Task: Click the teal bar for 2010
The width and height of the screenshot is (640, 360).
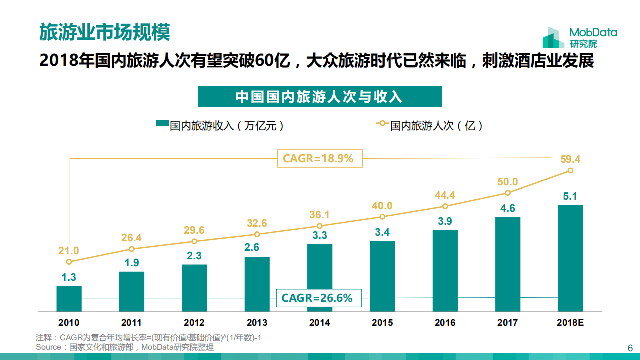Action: pos(69,299)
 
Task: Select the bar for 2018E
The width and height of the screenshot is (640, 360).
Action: pos(570,258)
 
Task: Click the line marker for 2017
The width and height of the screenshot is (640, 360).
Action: pos(508,193)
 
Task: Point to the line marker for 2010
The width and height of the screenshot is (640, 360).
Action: pos(69,261)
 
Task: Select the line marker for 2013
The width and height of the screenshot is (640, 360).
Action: pos(257,234)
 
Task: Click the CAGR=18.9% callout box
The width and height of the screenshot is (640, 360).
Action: pos(319,159)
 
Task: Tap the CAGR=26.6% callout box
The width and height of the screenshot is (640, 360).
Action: pos(317,298)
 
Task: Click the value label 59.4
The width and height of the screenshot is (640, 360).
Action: pos(570,159)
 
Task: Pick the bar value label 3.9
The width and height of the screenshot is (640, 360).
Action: pos(445,221)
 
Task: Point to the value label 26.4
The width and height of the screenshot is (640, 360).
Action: pos(131,238)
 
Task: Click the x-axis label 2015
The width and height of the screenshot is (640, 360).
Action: pos(382,323)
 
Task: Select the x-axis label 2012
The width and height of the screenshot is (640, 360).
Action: pos(194,323)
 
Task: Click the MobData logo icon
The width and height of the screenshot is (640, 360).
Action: pos(553,38)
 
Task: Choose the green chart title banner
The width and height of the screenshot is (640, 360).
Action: pos(320,97)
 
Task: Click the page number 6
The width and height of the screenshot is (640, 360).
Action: pos(630,348)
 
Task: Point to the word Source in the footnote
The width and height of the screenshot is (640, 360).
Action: pos(48,347)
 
